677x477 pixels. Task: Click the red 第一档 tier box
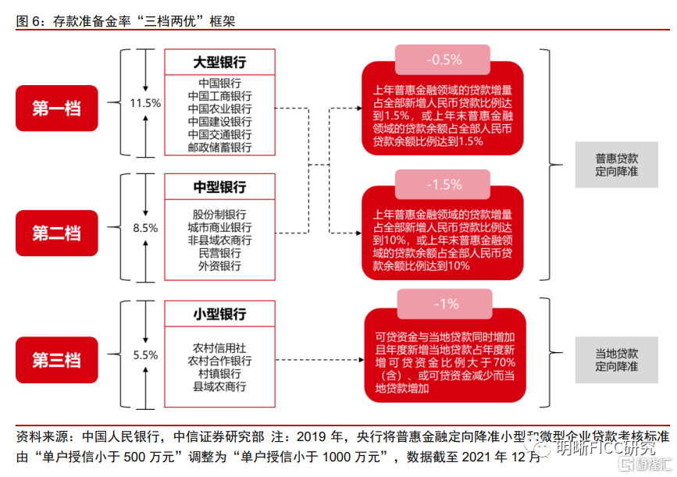pos(57,108)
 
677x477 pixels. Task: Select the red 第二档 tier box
pos(57,232)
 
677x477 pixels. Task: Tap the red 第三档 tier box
pos(57,360)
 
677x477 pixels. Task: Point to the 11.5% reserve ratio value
pos(145,102)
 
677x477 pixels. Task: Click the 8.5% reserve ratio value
pos(145,228)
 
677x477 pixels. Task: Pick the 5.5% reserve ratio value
pos(145,354)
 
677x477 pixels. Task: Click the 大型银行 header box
pos(219,62)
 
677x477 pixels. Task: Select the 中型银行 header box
pos(219,187)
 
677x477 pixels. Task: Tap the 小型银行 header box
pos(219,314)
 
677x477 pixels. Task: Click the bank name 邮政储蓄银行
pos(219,147)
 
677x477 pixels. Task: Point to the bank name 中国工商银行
pos(219,96)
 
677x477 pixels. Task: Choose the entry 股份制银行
pos(219,215)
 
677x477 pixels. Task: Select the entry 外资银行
pos(219,265)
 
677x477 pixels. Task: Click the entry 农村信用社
pos(219,348)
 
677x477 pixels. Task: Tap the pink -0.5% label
pos(444,60)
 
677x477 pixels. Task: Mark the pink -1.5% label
pos(444,185)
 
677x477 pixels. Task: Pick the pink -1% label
pos(444,304)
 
